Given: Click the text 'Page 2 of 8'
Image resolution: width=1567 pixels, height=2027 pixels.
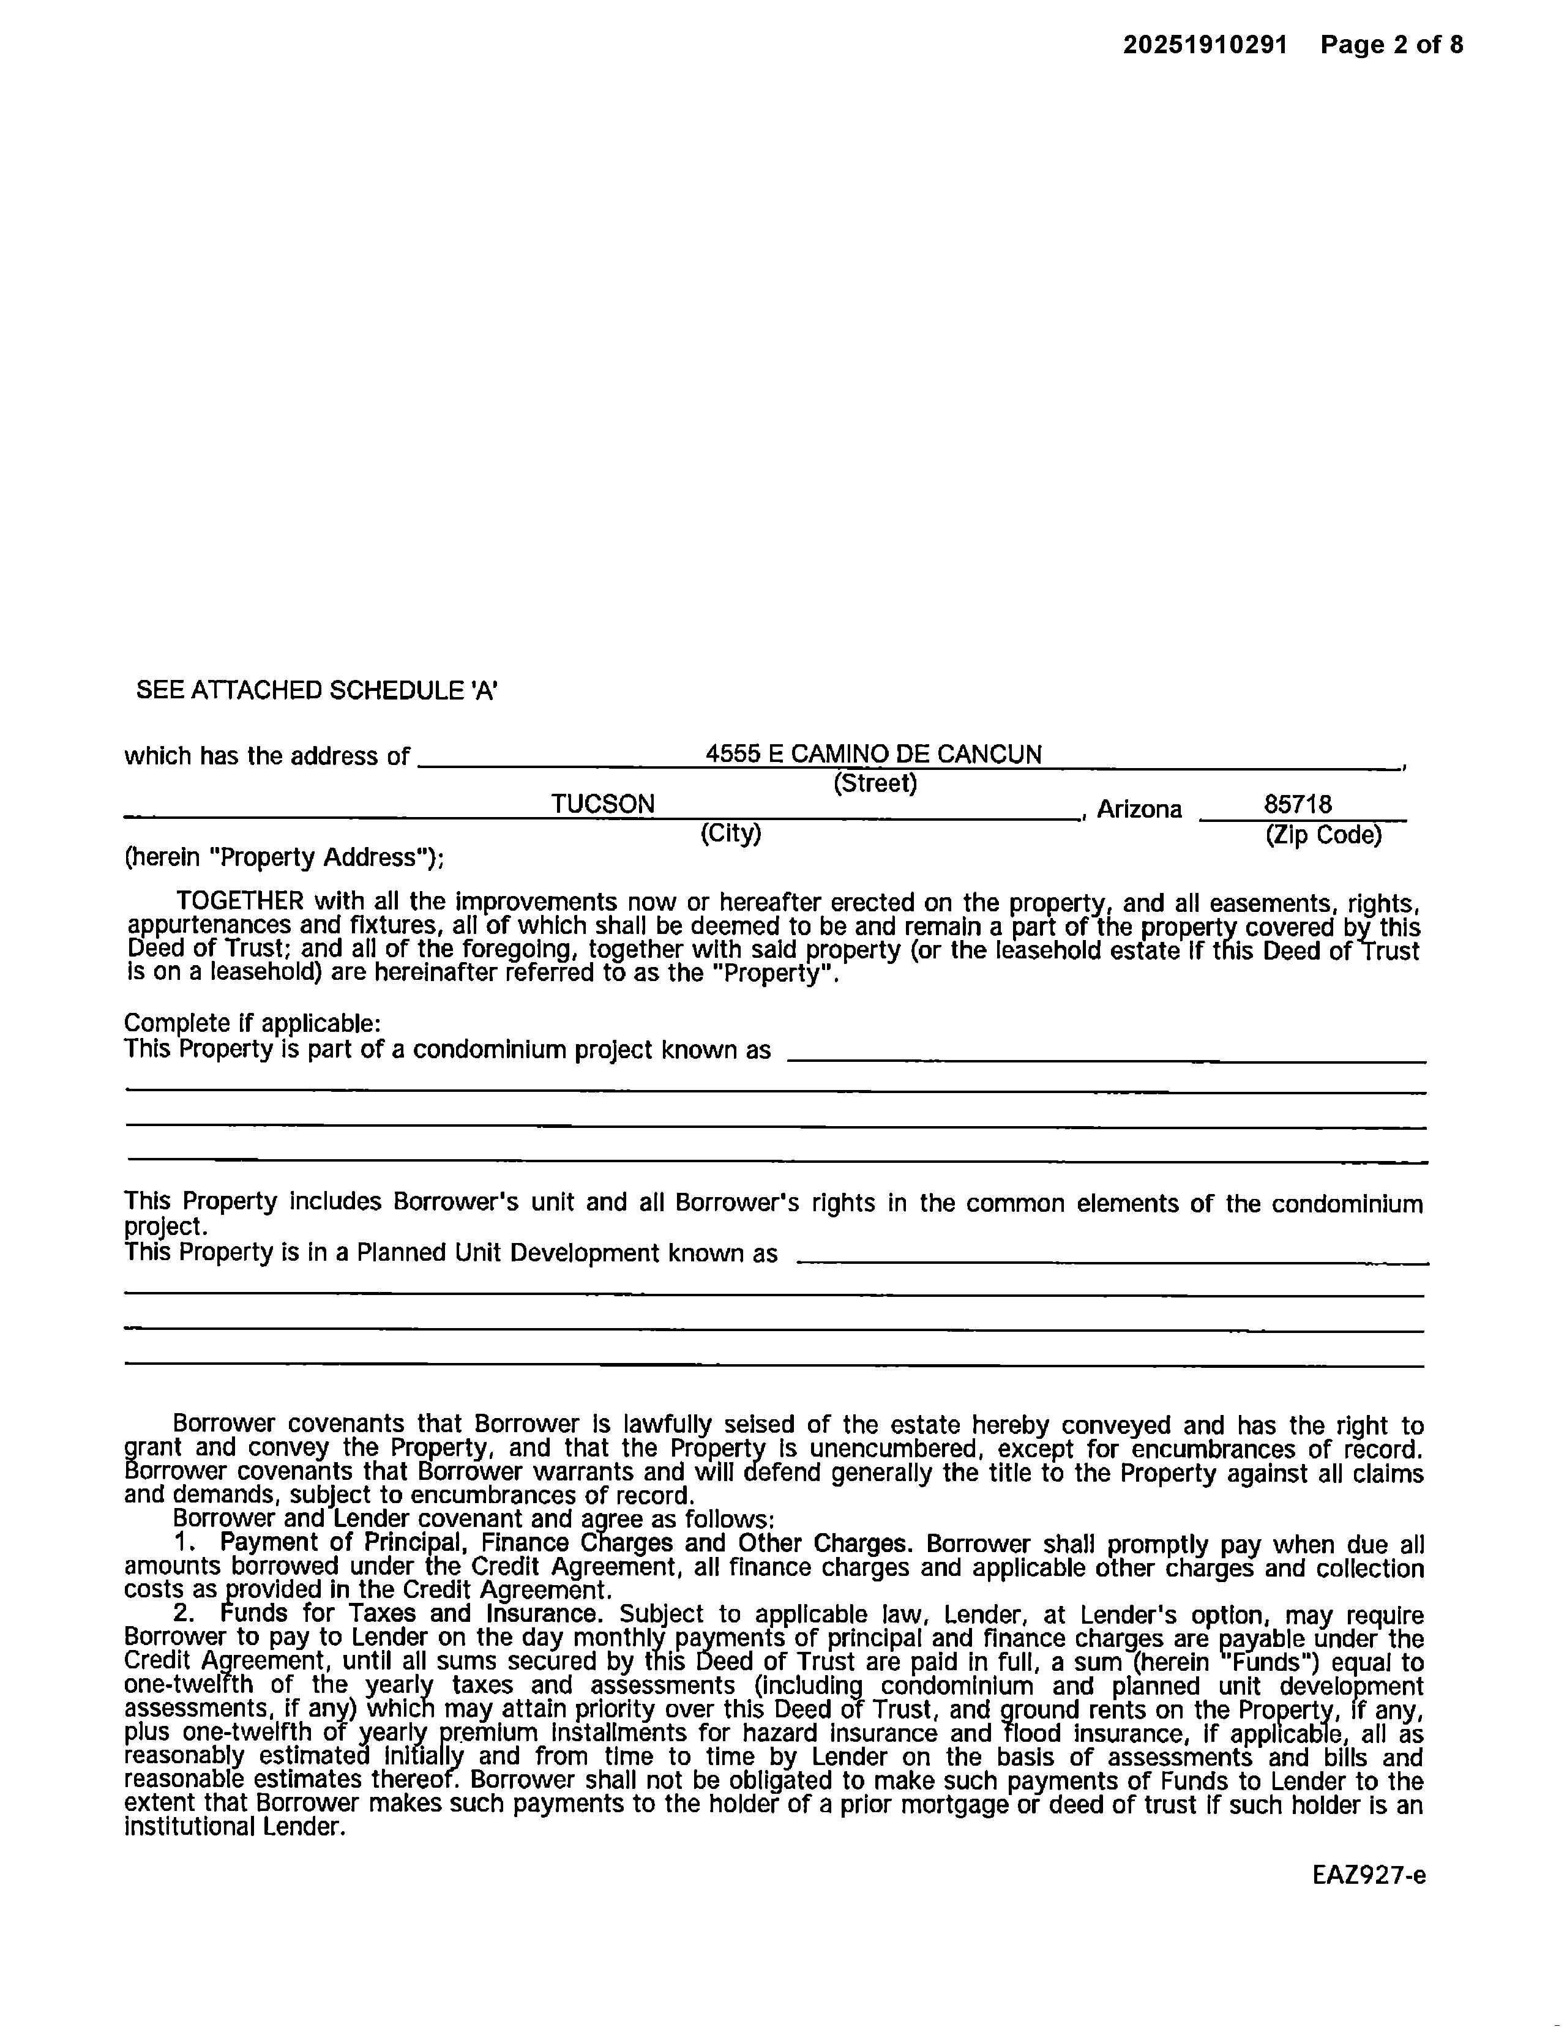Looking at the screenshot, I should click(x=1391, y=45).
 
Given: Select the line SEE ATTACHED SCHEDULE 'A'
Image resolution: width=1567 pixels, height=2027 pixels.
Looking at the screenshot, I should click(x=316, y=690).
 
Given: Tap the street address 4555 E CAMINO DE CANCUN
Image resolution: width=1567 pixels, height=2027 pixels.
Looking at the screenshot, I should click(x=873, y=753).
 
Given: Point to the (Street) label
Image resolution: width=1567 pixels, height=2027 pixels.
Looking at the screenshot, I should click(x=875, y=783).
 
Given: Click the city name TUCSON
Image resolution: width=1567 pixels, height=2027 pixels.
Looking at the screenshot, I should click(x=602, y=804).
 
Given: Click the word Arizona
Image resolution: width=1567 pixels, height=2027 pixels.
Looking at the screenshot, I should click(x=1139, y=809).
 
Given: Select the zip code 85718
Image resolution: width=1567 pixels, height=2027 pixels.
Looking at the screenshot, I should click(x=1297, y=804).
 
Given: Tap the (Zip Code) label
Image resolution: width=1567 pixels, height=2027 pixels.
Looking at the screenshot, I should click(x=1323, y=835).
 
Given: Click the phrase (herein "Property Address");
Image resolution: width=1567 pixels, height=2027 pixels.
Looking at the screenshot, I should click(x=284, y=857).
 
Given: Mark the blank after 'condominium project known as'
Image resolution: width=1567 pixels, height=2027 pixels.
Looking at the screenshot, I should click(x=1105, y=1053).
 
